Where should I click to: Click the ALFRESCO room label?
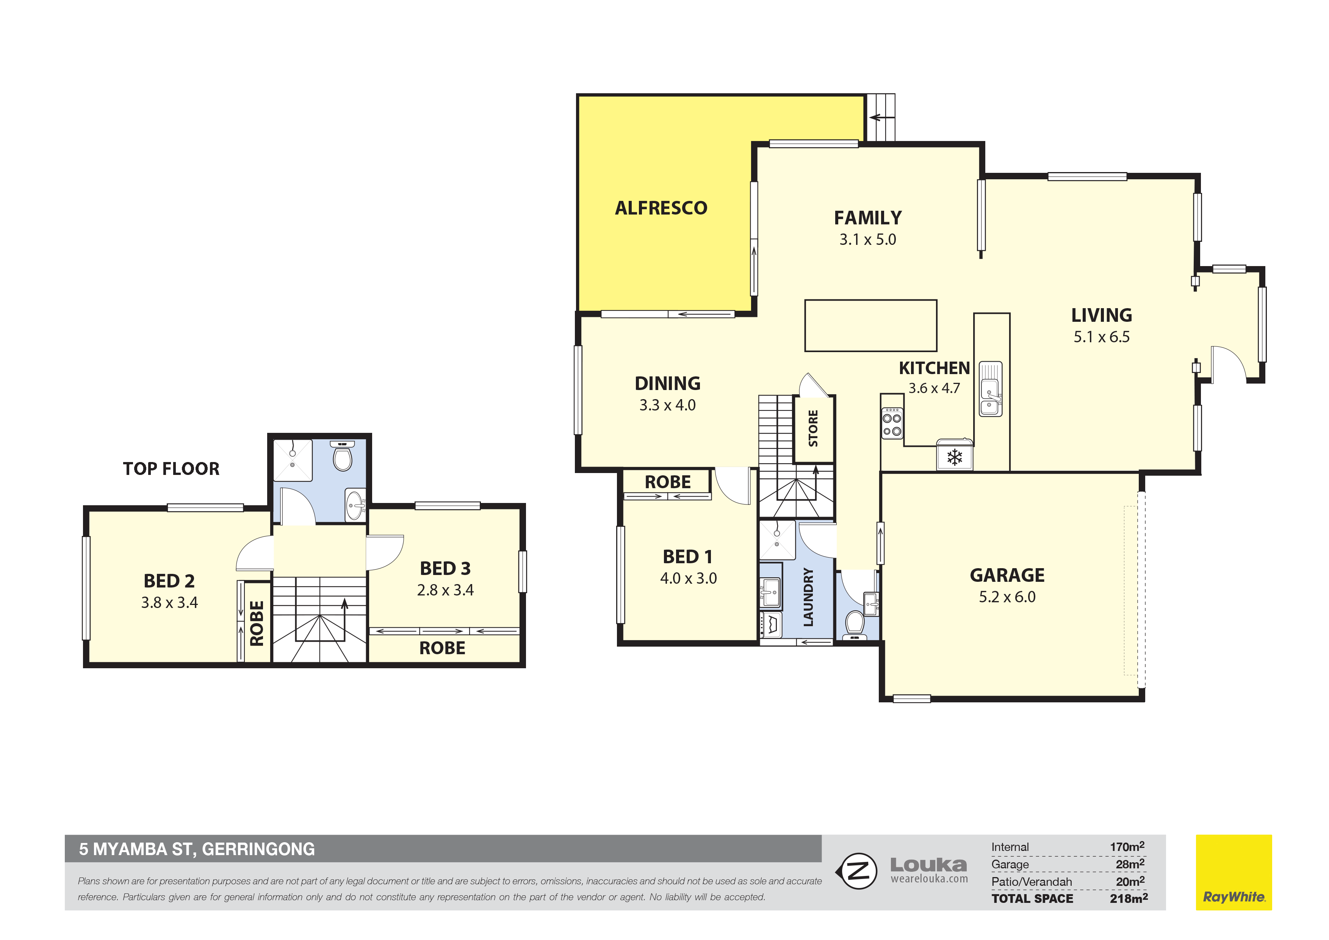tap(661, 208)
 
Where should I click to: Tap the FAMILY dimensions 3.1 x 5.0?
tap(868, 240)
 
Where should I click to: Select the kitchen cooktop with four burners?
tap(892, 423)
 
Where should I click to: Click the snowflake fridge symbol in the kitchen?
tap(955, 457)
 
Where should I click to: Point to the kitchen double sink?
tap(990, 389)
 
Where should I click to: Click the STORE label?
tap(813, 428)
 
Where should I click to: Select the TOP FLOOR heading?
tap(171, 469)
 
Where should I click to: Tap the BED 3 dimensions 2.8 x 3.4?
tap(445, 591)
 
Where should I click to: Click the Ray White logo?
tap(1234, 872)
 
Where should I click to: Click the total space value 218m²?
tap(1129, 898)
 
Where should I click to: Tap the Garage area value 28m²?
tap(1130, 864)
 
